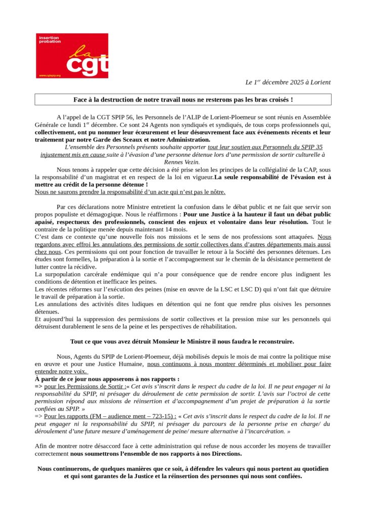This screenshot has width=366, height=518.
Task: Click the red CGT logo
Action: [72, 56]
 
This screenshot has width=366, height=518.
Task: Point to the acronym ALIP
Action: [213, 116]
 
